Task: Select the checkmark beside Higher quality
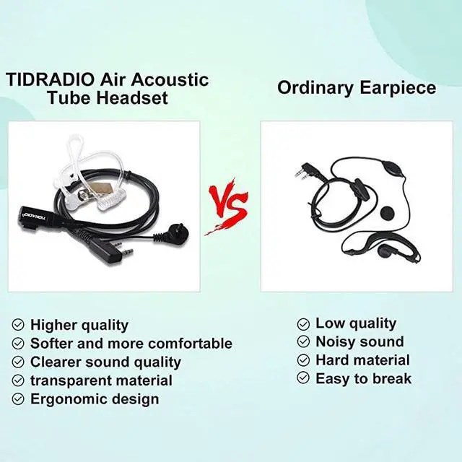coord(18,325)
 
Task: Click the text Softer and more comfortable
coord(131,344)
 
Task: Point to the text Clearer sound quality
coord(105,362)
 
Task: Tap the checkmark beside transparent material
coord(18,380)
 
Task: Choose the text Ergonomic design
coord(95,398)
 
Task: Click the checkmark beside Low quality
coord(303,323)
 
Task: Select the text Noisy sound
coord(359,341)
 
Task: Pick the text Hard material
coord(362,359)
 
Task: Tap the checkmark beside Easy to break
coord(303,378)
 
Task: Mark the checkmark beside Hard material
coord(303,360)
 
